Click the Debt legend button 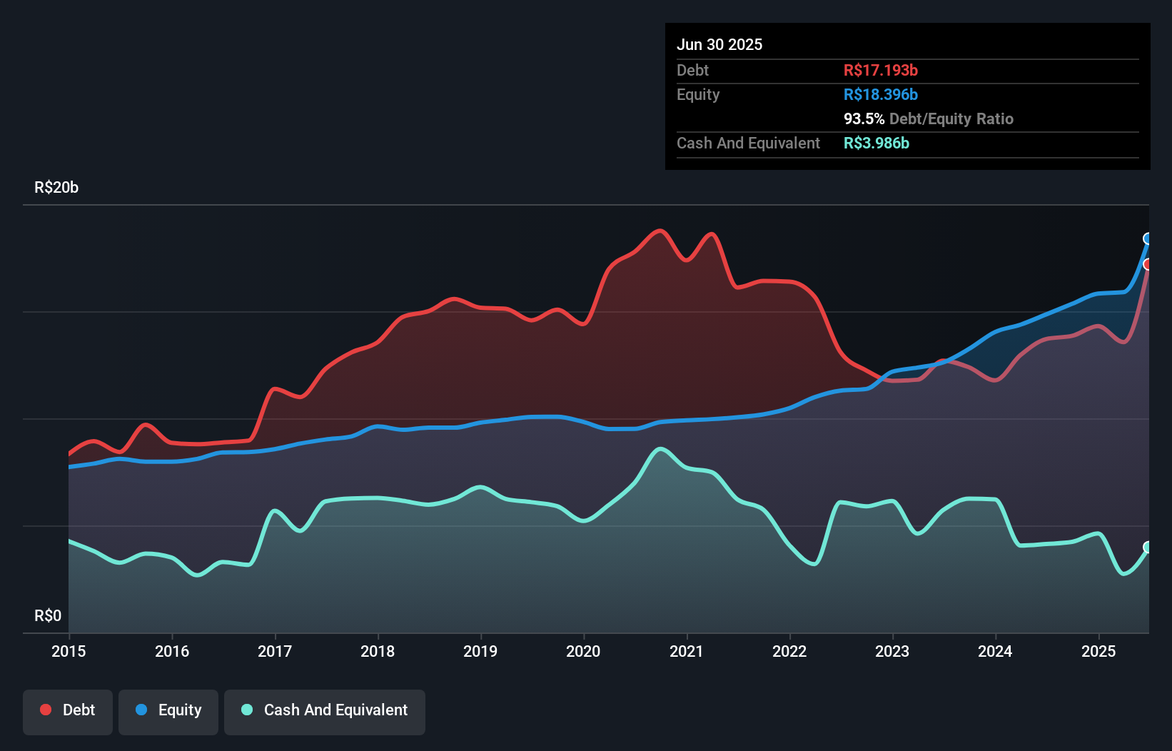point(68,710)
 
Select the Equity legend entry point(168,710)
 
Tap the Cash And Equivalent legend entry point(325,710)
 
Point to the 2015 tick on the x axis point(69,651)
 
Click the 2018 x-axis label point(378,651)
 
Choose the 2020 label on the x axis point(583,651)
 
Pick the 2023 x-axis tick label point(892,651)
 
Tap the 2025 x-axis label point(1098,651)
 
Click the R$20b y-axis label point(56,188)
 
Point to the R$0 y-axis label point(48,616)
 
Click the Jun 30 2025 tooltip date point(719,45)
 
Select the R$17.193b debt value point(880,70)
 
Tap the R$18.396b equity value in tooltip point(880,95)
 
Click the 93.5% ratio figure point(864,119)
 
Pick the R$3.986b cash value point(876,143)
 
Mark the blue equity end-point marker point(1148,238)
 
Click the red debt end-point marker point(1148,264)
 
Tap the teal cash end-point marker point(1148,548)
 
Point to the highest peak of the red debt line point(660,231)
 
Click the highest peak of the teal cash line point(660,449)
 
